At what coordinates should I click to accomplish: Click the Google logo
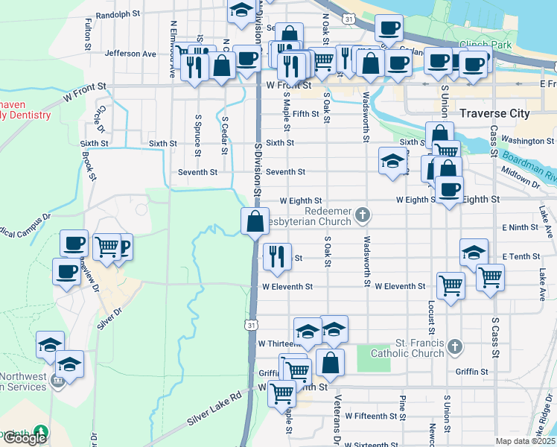click(25, 438)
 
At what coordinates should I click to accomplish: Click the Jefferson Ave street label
click(130, 54)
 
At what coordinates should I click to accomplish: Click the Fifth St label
click(305, 114)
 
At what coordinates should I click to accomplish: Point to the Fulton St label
click(88, 34)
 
